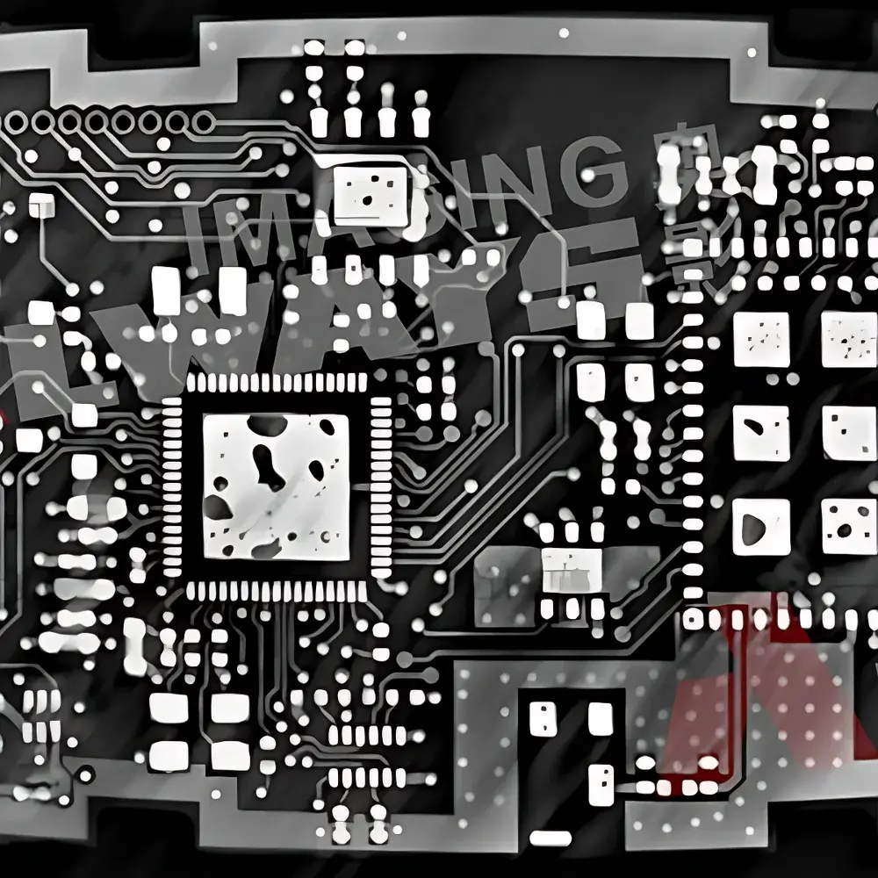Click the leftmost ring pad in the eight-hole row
pos(17,123)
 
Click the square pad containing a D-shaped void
pos(760,526)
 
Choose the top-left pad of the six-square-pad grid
pos(760,338)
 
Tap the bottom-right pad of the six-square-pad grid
pos(848,526)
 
